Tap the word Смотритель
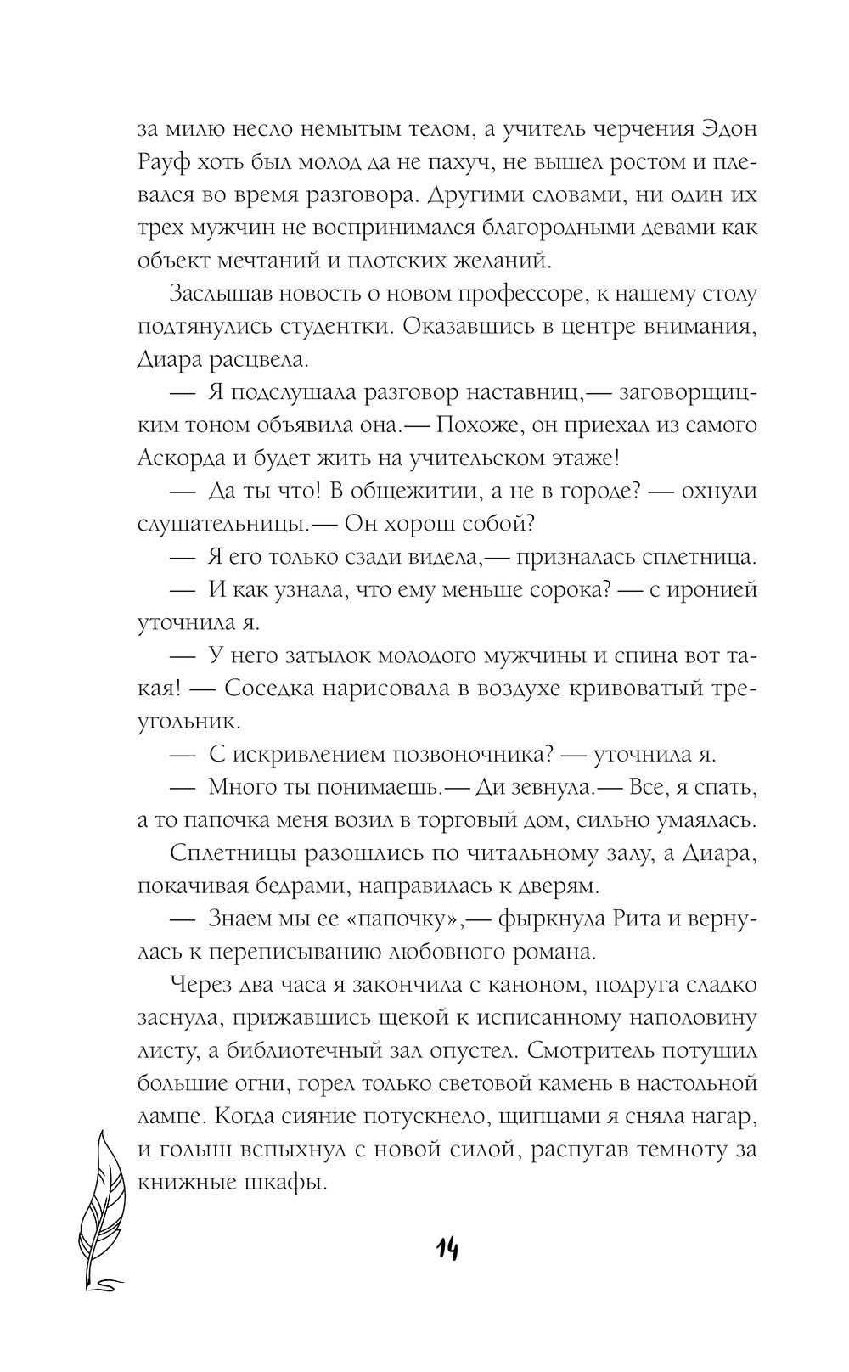[x=599, y=1050]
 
